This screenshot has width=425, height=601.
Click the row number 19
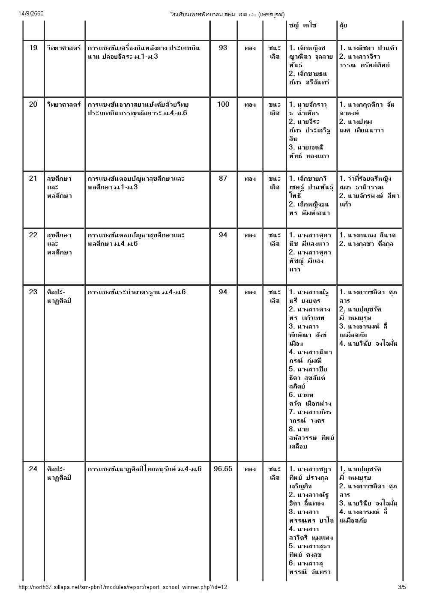click(x=33, y=48)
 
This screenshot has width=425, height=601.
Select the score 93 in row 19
click(x=223, y=48)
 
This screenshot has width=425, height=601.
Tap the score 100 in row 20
click(x=223, y=105)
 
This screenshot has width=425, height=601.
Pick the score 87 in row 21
click(x=223, y=179)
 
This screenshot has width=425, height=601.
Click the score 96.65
click(x=223, y=469)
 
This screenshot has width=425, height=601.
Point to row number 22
click(x=33, y=235)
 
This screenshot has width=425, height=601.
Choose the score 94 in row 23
click(x=223, y=292)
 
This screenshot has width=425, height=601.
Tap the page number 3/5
click(x=401, y=587)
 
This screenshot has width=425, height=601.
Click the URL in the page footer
click(x=123, y=587)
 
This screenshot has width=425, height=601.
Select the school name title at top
click(x=227, y=14)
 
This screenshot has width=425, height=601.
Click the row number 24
click(x=33, y=469)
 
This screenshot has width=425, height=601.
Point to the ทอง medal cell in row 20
click(x=250, y=105)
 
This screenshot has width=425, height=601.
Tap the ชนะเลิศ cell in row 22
click(x=274, y=239)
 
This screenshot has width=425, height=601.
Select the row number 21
click(x=33, y=179)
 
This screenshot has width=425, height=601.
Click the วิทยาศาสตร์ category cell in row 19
click(x=64, y=48)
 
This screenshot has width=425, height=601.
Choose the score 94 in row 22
click(x=223, y=235)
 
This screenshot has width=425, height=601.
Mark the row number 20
click(x=33, y=105)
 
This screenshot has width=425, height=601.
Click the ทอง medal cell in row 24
click(x=250, y=469)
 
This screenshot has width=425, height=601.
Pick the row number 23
click(x=33, y=292)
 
